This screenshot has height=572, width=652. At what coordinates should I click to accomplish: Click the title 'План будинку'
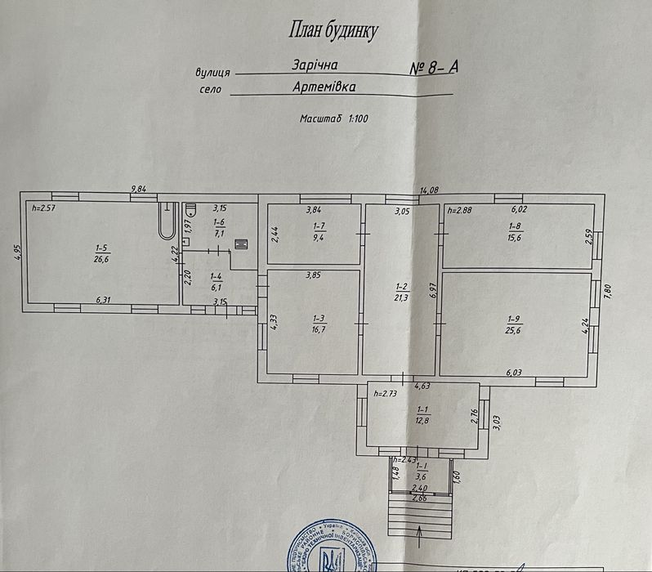[333, 31]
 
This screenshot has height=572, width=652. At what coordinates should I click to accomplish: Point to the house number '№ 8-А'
[434, 68]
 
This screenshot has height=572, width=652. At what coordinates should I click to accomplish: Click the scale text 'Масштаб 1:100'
[334, 118]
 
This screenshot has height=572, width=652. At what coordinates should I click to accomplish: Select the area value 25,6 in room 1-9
[513, 329]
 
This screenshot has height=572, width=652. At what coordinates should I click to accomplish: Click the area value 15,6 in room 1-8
[514, 239]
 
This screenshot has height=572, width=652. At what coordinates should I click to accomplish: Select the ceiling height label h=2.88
[459, 210]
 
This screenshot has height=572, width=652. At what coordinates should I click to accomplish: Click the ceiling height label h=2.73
[384, 394]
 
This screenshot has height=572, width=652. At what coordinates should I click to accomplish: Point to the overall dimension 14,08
[429, 190]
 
